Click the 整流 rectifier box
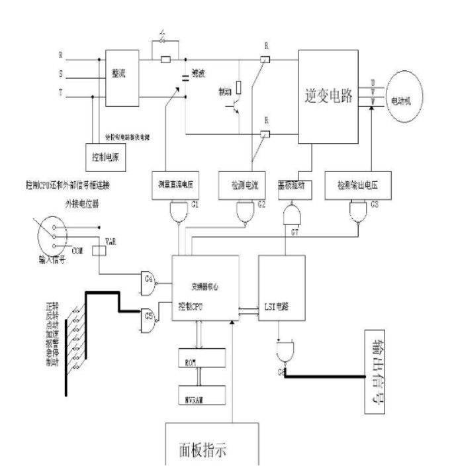(x=122, y=77)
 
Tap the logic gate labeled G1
(x=179, y=211)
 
